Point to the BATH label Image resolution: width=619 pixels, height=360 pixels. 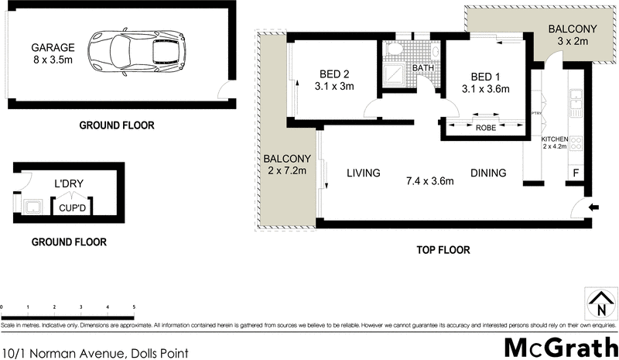422,68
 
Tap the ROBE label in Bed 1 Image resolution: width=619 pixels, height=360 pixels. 485,128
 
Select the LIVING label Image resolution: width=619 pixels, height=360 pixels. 363,173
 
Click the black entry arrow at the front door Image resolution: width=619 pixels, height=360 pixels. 593,207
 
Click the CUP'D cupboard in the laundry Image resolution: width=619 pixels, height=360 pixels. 68,207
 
